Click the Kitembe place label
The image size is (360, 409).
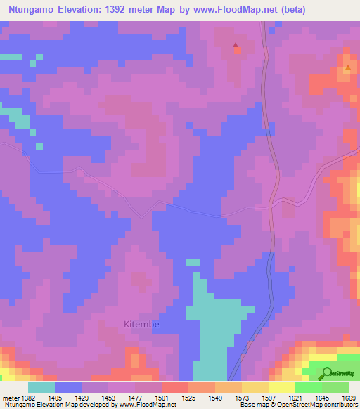click(x=141, y=325)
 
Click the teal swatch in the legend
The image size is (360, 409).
click(x=41, y=387)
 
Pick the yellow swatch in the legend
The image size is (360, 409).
click(x=282, y=387)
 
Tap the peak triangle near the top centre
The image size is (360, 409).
click(x=236, y=48)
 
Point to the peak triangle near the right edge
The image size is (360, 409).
click(x=348, y=68)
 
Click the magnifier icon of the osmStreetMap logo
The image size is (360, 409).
click(x=326, y=373)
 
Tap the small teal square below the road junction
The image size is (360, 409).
click(x=193, y=262)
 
